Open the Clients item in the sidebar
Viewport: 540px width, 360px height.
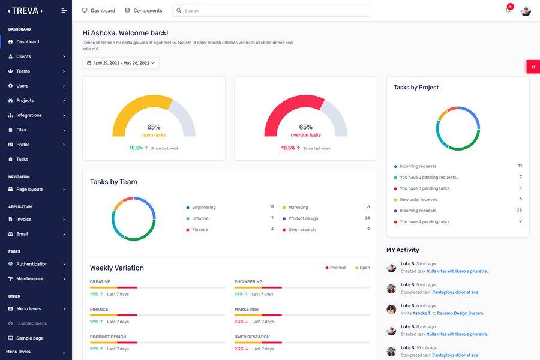pyautogui.click(x=24, y=56)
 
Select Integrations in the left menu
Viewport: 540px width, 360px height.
pyautogui.click(x=29, y=115)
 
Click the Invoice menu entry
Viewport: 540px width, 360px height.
pyautogui.click(x=24, y=220)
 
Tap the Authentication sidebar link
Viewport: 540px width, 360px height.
pyautogui.click(x=32, y=264)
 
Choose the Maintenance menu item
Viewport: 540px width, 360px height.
pyautogui.click(x=29, y=279)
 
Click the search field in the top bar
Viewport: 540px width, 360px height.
pyautogui.click(x=271, y=11)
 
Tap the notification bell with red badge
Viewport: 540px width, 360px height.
pyautogui.click(x=508, y=10)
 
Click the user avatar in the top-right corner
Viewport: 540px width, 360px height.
pyautogui.click(x=526, y=11)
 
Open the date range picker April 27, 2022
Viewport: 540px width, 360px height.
pyautogui.click(x=121, y=63)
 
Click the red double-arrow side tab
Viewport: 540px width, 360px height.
pyautogui.click(x=533, y=67)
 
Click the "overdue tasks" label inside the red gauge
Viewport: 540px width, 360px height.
pyautogui.click(x=305, y=135)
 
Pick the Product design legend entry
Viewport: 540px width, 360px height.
pyautogui.click(x=303, y=218)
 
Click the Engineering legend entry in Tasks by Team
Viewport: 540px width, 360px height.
pyautogui.click(x=203, y=208)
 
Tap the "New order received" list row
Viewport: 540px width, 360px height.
pyautogui.click(x=418, y=200)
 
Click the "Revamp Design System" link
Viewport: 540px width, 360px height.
pyautogui.click(x=460, y=313)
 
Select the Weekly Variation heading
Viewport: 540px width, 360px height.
pyautogui.click(x=117, y=268)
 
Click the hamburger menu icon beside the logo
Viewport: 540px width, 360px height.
pyautogui.click(x=64, y=11)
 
